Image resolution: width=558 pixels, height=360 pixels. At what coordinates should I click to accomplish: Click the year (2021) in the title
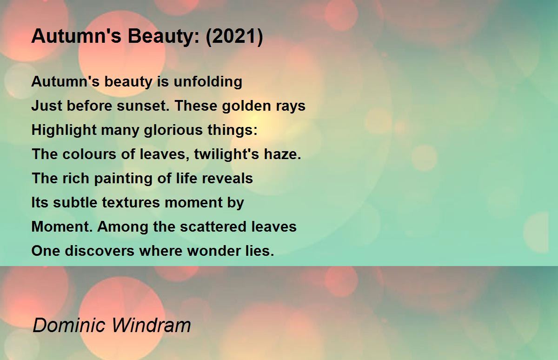(x=234, y=36)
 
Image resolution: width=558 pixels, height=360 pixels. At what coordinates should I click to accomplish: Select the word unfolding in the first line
(x=208, y=82)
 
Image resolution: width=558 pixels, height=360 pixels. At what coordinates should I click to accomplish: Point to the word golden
(x=246, y=106)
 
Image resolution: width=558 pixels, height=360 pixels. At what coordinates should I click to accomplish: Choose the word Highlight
(x=64, y=130)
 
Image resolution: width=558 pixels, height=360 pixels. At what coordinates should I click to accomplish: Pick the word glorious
(x=173, y=130)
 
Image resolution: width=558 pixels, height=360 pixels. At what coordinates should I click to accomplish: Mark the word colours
(x=89, y=154)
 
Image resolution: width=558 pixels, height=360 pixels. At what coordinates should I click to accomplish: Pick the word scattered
(x=213, y=227)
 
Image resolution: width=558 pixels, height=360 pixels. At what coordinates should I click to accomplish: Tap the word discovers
(x=100, y=251)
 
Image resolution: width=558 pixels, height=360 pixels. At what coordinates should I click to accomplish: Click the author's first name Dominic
(x=69, y=325)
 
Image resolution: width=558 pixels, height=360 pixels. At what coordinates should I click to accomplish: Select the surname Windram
(x=151, y=325)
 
